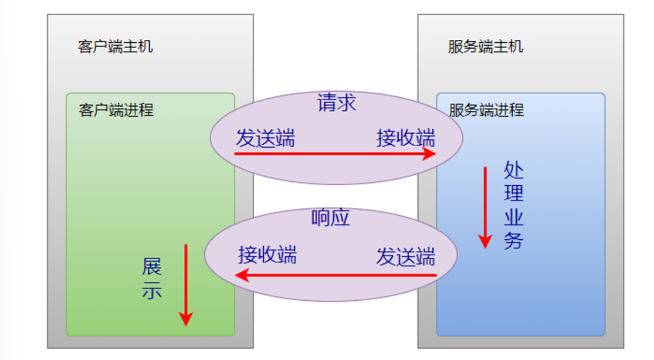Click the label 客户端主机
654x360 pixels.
[115, 47]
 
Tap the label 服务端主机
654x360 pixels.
[486, 47]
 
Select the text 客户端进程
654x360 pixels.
[116, 110]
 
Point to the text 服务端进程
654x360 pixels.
[487, 110]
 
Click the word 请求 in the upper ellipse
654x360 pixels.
[337, 103]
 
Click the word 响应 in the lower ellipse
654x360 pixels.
[331, 218]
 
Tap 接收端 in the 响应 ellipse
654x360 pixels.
[267, 255]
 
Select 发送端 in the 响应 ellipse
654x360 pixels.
[406, 257]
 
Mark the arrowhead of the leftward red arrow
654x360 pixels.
[240, 275]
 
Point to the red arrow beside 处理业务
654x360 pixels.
[485, 208]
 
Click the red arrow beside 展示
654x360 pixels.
[185, 285]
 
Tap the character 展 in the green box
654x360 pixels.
[151, 267]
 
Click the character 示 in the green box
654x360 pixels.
[151, 290]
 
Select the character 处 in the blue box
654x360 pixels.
[513, 171]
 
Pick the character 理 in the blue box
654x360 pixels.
[513, 194]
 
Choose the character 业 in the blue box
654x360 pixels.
[513, 218]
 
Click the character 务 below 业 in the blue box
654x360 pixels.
[513, 241]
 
